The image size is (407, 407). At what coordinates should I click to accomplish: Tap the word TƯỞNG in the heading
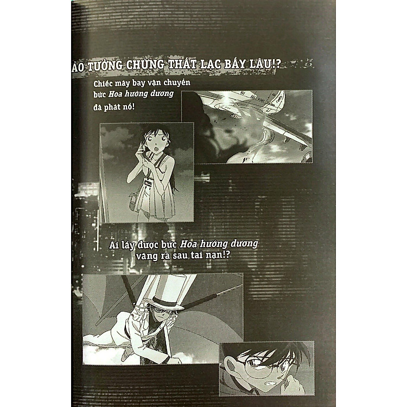(104, 66)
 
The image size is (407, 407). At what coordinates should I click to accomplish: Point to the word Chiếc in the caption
(103, 84)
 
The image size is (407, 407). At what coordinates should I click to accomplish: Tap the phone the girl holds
(142, 149)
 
